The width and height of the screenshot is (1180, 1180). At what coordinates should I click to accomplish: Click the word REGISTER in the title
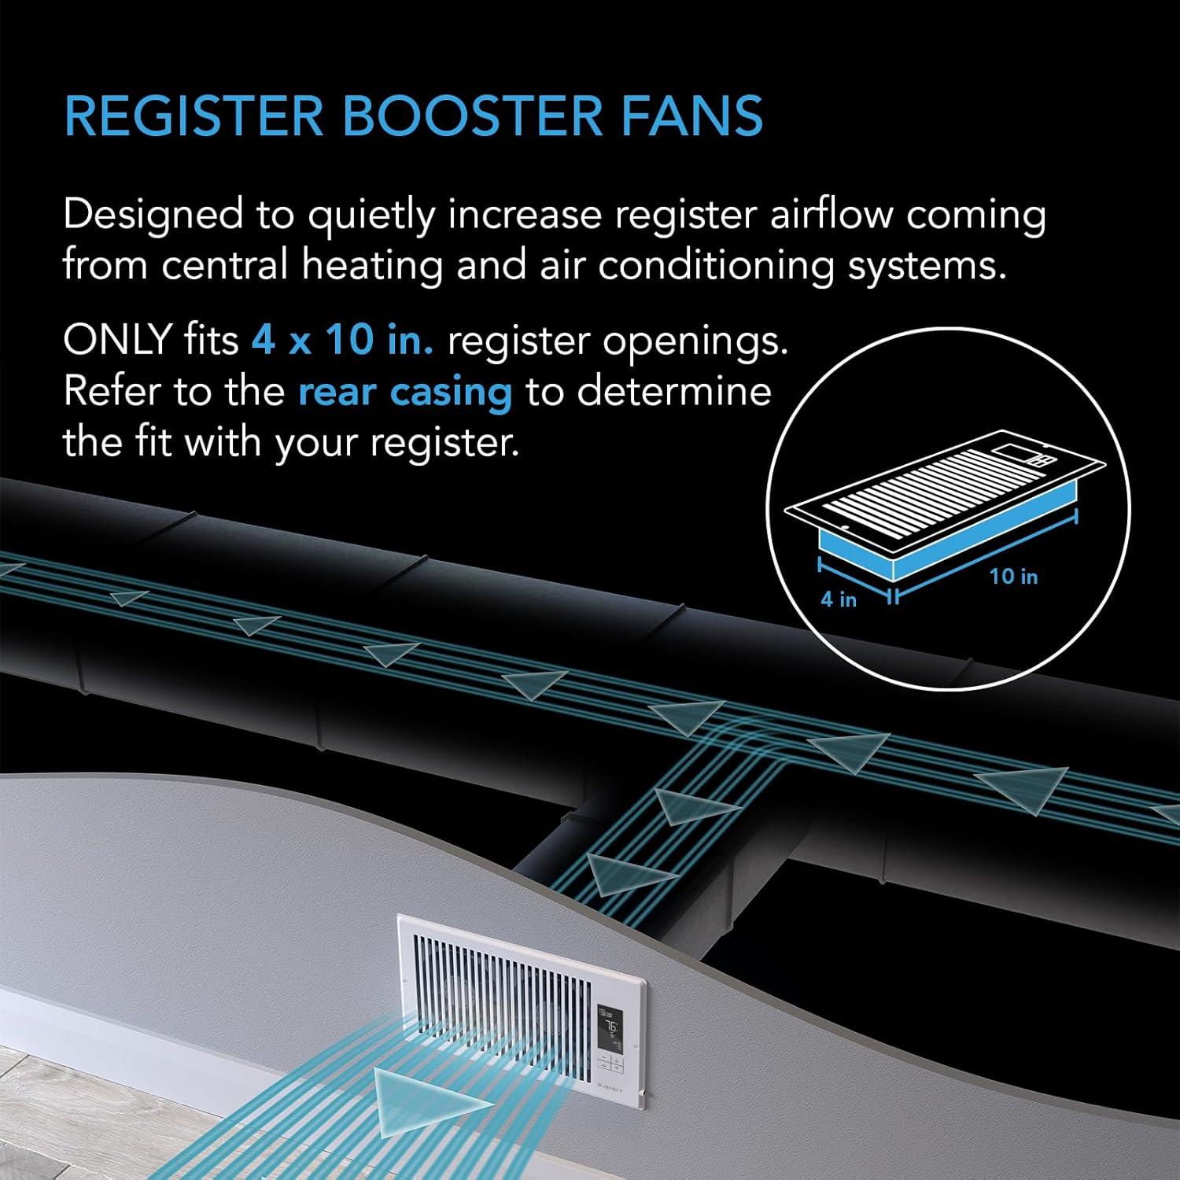coord(194,116)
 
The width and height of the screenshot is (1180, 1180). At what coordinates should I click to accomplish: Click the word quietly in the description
coord(370,216)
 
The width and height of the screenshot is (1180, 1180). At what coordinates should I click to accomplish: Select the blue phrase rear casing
coord(405,391)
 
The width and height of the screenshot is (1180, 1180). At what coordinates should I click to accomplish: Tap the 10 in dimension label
coord(1013,577)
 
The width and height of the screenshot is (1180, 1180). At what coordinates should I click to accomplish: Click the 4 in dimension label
coord(839,599)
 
